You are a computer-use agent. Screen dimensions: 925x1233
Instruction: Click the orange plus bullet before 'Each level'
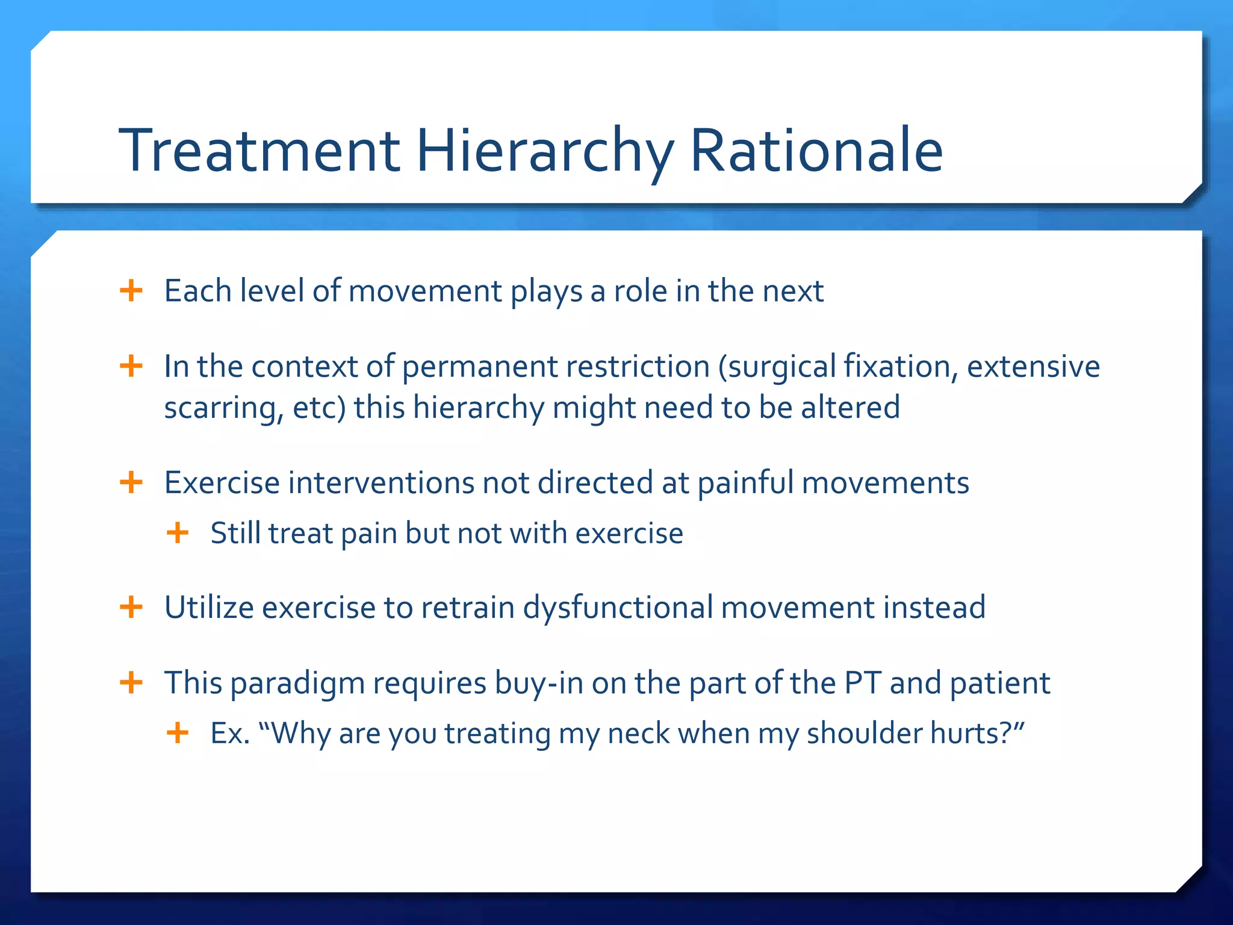(131, 291)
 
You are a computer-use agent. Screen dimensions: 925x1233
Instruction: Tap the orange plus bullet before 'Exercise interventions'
(131, 482)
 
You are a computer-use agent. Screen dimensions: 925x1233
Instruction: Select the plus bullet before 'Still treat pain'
(178, 533)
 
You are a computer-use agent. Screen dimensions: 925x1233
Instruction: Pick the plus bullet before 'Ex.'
(178, 733)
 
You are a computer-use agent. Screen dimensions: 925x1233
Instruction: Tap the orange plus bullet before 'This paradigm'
(131, 683)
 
